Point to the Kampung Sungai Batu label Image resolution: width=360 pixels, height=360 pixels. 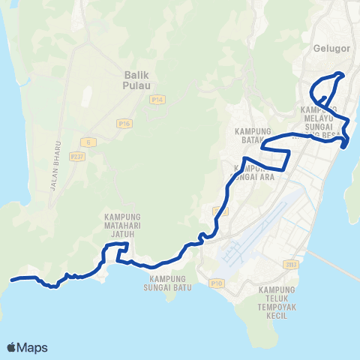pyautogui.click(x=166, y=282)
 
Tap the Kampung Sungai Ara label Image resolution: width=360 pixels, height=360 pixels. pyautogui.click(x=255, y=172)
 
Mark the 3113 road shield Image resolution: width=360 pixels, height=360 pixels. pyautogui.click(x=291, y=264)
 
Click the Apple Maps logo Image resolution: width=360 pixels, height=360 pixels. pyautogui.click(x=28, y=347)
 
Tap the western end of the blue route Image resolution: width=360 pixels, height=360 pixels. pyautogui.click(x=12, y=279)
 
